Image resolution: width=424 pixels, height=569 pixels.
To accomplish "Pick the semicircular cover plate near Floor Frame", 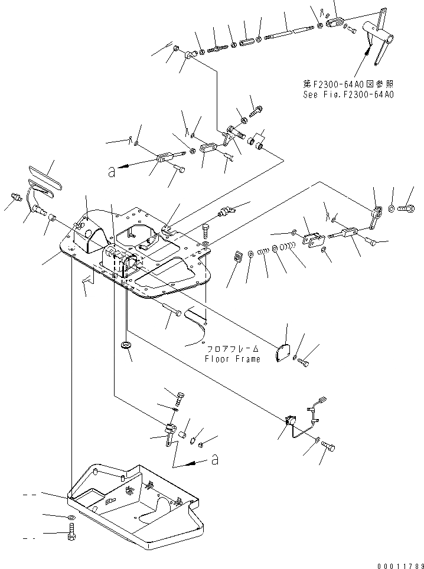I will pyautogui.click(x=286, y=351).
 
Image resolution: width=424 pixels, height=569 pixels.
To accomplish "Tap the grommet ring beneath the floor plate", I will pyautogui.click(x=126, y=345).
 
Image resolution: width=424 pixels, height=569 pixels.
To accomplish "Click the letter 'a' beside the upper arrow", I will pyautogui.click(x=110, y=172).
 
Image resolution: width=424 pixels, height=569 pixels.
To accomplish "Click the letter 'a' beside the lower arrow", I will pyautogui.click(x=214, y=460).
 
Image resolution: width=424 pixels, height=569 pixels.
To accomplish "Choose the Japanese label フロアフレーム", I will pyautogui.click(x=232, y=349).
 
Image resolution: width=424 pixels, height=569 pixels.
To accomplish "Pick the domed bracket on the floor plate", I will pyautogui.click(x=94, y=236).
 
